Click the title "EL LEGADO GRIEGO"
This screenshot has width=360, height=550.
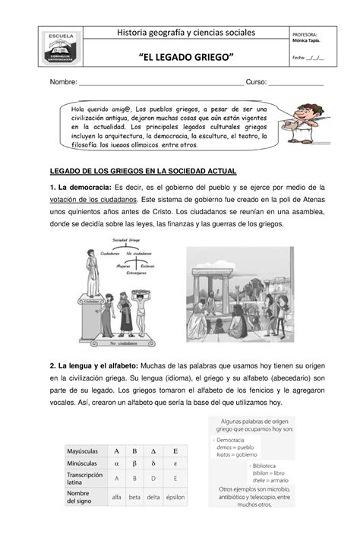[x=185, y=58]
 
